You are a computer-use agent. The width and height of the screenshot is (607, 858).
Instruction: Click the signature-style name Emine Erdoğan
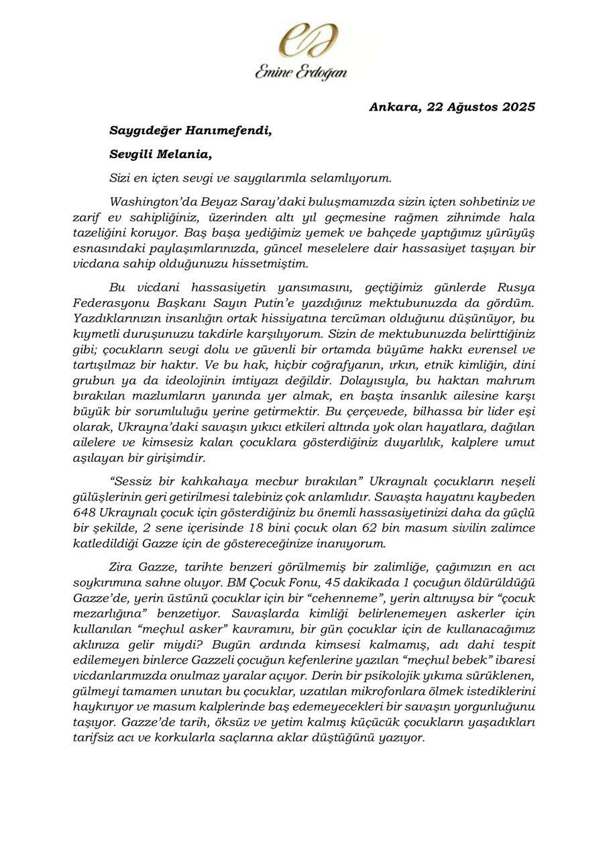[x=301, y=71]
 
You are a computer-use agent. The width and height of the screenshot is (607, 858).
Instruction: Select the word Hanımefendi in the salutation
[x=229, y=130]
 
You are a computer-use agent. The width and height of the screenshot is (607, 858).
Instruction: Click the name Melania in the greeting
[x=183, y=154]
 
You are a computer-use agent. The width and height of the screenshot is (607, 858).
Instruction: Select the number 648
[x=87, y=512]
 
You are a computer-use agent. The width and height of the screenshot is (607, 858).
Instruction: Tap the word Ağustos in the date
[x=469, y=107]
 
